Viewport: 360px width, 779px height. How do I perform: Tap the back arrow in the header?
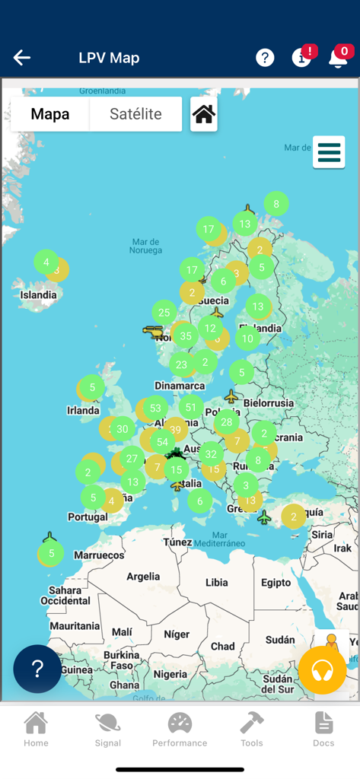tap(21, 58)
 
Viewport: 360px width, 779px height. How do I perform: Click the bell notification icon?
tap(337, 58)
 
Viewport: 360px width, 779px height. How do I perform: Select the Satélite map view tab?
tap(135, 114)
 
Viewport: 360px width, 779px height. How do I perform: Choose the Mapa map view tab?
tap(50, 114)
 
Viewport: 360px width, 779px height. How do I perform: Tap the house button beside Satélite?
tap(203, 114)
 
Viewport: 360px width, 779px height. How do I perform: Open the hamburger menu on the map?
tap(329, 152)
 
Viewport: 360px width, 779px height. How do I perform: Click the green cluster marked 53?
tap(155, 408)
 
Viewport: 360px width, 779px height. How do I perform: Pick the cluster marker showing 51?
tap(191, 408)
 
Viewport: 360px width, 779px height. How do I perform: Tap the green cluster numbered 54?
tap(162, 442)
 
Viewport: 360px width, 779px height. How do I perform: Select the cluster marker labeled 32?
tap(211, 455)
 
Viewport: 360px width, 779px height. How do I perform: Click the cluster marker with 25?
tap(164, 312)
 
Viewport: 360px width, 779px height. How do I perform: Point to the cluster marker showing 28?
tap(226, 422)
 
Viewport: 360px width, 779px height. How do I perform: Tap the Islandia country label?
tap(38, 295)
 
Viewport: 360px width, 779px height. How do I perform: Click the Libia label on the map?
tap(216, 583)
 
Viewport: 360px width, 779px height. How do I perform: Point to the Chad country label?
tap(222, 646)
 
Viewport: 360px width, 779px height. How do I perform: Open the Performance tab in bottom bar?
tap(180, 730)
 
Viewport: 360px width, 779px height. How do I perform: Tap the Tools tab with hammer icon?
tap(251, 730)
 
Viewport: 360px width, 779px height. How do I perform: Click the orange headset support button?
tap(322, 670)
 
